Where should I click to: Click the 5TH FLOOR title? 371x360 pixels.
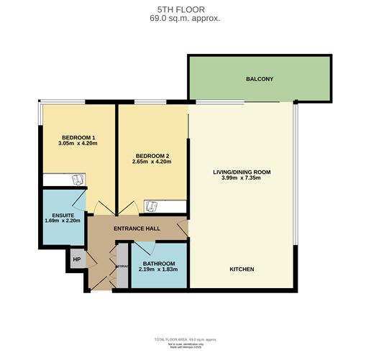(x=185, y=10)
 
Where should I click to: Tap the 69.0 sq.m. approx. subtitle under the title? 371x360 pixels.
(x=185, y=19)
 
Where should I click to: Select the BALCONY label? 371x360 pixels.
(x=259, y=79)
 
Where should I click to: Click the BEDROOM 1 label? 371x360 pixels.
(x=78, y=137)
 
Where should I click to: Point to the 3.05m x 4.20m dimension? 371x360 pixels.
(x=78, y=144)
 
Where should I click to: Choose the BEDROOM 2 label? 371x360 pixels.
(x=152, y=155)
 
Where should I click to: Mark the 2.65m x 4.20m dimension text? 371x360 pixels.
(x=152, y=162)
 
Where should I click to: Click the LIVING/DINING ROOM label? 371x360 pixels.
(x=242, y=172)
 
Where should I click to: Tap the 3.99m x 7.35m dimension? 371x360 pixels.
(x=242, y=178)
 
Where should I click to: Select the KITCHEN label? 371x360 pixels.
(x=242, y=269)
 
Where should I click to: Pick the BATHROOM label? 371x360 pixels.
(x=159, y=264)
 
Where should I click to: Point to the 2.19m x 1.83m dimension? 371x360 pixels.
(x=159, y=270)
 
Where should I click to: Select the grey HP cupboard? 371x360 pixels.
(x=77, y=259)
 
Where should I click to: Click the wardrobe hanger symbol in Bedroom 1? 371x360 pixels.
(x=78, y=180)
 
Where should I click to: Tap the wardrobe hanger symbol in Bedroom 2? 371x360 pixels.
(x=152, y=206)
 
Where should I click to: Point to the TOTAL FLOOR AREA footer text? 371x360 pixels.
(x=185, y=338)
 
